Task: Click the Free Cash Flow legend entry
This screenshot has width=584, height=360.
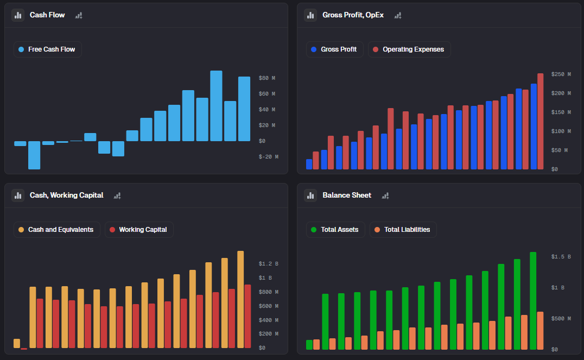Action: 48,49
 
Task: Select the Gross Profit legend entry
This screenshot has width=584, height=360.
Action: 334,49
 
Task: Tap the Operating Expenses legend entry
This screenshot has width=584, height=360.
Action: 409,49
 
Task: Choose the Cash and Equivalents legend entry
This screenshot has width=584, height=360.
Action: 56,230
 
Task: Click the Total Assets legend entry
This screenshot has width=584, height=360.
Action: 335,230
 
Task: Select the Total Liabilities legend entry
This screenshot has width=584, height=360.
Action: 403,230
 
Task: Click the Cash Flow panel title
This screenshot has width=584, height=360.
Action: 47,15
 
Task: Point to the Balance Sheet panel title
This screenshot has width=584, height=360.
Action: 347,195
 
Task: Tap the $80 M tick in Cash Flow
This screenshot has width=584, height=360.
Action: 266,78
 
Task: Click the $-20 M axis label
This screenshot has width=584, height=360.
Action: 268,157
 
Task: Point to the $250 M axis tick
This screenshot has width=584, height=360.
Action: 561,74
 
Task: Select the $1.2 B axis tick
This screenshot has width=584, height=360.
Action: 268,264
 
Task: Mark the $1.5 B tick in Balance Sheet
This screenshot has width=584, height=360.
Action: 561,256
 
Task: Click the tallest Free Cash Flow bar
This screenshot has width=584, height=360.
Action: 216,106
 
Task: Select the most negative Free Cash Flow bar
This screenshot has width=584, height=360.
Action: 34,155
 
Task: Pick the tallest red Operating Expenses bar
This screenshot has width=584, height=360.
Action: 540,121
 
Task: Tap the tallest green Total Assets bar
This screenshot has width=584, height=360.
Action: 533,300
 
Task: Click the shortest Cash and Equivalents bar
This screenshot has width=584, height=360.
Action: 17,343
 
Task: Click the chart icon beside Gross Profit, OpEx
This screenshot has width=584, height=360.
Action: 310,15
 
